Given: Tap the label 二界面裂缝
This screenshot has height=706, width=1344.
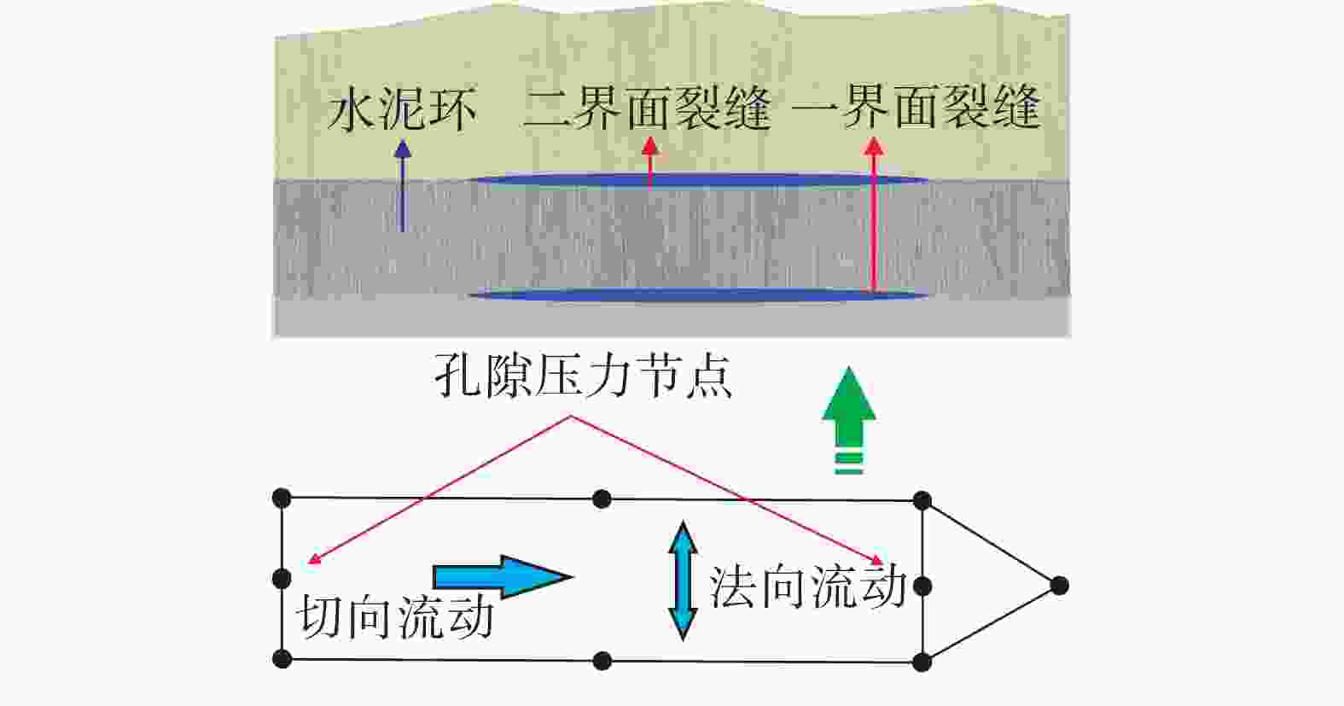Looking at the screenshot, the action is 648,108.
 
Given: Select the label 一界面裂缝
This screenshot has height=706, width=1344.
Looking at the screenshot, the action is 916,108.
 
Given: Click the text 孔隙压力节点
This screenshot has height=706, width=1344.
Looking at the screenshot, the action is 583,376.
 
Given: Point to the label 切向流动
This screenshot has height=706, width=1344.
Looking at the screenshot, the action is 395,616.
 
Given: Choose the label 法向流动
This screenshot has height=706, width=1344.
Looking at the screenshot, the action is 807,586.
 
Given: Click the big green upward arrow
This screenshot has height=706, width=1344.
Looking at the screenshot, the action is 849,420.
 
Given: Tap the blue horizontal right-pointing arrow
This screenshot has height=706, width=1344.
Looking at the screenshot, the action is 503,577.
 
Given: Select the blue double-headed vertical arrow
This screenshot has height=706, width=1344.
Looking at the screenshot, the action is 683,581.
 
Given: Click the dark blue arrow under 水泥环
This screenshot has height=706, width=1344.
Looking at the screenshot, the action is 403,185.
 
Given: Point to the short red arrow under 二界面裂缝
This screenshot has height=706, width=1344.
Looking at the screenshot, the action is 649,163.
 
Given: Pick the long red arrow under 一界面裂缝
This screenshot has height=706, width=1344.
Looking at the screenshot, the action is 874,216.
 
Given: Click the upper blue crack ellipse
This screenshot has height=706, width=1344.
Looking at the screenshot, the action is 698,179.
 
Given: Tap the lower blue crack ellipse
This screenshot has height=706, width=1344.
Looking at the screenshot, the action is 698,295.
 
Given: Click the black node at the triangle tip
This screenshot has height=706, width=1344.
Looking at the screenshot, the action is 1059,585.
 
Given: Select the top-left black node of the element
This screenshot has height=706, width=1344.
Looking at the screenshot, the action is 282,498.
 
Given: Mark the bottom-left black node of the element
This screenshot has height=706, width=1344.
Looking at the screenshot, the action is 282,658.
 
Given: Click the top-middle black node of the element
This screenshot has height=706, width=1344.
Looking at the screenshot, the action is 602,499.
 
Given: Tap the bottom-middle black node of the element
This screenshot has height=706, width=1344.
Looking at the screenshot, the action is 602,661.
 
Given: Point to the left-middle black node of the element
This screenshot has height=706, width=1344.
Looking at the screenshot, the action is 282,579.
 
